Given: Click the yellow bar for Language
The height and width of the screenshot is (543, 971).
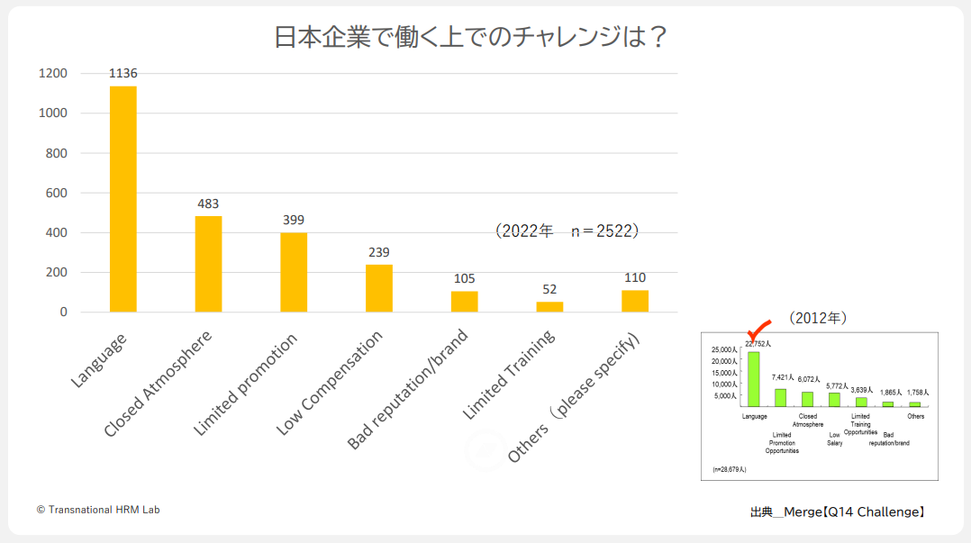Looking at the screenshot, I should pyautogui.click(x=123, y=199).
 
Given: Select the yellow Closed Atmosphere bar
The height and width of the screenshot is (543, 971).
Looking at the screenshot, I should pyautogui.click(x=208, y=264).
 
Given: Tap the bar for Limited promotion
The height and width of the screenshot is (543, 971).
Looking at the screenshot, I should pyautogui.click(x=294, y=272).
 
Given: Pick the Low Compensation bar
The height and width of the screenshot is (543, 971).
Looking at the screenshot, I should pyautogui.click(x=379, y=288).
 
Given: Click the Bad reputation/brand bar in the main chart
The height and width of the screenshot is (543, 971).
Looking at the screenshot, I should pyautogui.click(x=464, y=302).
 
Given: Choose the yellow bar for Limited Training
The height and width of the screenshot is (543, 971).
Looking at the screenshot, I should pyautogui.click(x=549, y=307).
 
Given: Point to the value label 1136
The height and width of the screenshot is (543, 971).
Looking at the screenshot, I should pyautogui.click(x=123, y=73).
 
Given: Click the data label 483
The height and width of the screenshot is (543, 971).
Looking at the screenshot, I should pyautogui.click(x=208, y=204).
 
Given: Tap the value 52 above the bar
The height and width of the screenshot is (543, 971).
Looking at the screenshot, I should pyautogui.click(x=549, y=289).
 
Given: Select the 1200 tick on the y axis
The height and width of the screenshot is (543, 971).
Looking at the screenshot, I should pyautogui.click(x=53, y=74).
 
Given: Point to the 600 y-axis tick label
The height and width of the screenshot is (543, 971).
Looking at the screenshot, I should pyautogui.click(x=57, y=193).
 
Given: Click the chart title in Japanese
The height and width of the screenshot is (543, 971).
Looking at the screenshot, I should pyautogui.click(x=470, y=37).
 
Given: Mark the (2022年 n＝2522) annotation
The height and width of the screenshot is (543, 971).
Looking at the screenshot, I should pyautogui.click(x=567, y=231).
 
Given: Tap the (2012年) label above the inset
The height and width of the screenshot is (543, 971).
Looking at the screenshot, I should pyautogui.click(x=818, y=318).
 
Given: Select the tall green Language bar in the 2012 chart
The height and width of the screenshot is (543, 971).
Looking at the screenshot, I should pyautogui.click(x=754, y=379).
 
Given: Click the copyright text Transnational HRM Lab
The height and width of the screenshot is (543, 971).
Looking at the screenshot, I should pyautogui.click(x=99, y=510).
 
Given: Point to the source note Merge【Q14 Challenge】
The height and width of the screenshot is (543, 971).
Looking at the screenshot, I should pyautogui.click(x=837, y=511).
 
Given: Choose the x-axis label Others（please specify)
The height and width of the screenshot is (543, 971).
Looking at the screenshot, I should pyautogui.click(x=574, y=398).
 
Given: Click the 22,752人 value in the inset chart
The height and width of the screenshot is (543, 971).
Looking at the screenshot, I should pyautogui.click(x=758, y=343).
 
